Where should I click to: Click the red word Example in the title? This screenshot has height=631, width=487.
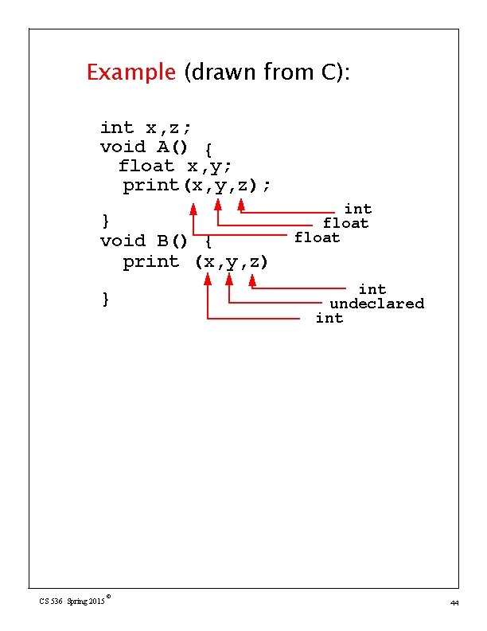click(131, 73)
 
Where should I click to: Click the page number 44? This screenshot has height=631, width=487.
click(454, 603)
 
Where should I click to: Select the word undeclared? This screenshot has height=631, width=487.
click(376, 304)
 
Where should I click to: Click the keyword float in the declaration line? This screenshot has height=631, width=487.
click(146, 166)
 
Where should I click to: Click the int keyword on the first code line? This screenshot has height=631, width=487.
click(117, 127)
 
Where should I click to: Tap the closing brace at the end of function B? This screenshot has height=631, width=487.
click(105, 299)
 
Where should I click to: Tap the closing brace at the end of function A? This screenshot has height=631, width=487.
click(105, 219)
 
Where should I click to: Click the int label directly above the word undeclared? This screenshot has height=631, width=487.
click(372, 289)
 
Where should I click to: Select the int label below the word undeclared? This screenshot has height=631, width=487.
click(329, 318)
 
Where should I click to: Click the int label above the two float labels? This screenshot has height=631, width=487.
click(357, 209)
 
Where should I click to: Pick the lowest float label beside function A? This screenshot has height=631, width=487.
click(317, 237)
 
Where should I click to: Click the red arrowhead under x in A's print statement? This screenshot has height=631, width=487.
click(193, 209)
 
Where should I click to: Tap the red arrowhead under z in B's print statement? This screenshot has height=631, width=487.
click(252, 280)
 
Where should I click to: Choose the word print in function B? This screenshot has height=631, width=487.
click(151, 262)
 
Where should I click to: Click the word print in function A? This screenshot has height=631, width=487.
click(151, 186)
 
